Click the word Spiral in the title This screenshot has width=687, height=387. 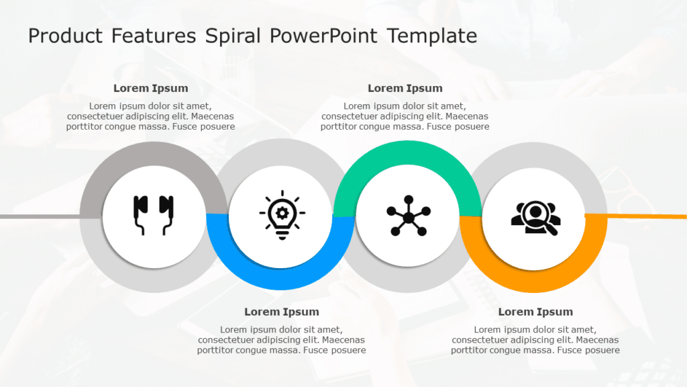[x=233, y=36]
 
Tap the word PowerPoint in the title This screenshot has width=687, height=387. [x=323, y=36]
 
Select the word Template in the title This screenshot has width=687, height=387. [x=432, y=36]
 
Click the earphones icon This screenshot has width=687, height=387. [x=154, y=215]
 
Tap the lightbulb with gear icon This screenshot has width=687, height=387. [x=282, y=215]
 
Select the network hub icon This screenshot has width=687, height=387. [x=409, y=216]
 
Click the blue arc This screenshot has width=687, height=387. [x=280, y=278]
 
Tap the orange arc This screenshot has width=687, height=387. [x=533, y=281]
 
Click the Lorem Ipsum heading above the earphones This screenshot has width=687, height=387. [x=151, y=88]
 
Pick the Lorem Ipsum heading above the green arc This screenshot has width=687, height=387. [x=405, y=88]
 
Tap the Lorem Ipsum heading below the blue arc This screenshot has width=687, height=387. [x=282, y=312]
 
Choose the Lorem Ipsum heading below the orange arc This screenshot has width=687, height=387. [x=535, y=312]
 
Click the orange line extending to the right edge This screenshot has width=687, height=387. [x=636, y=216]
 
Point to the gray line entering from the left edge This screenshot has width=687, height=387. [x=40, y=216]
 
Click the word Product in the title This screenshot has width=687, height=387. [x=65, y=36]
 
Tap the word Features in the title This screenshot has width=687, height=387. [x=154, y=36]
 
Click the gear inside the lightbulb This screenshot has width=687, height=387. [x=282, y=213]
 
